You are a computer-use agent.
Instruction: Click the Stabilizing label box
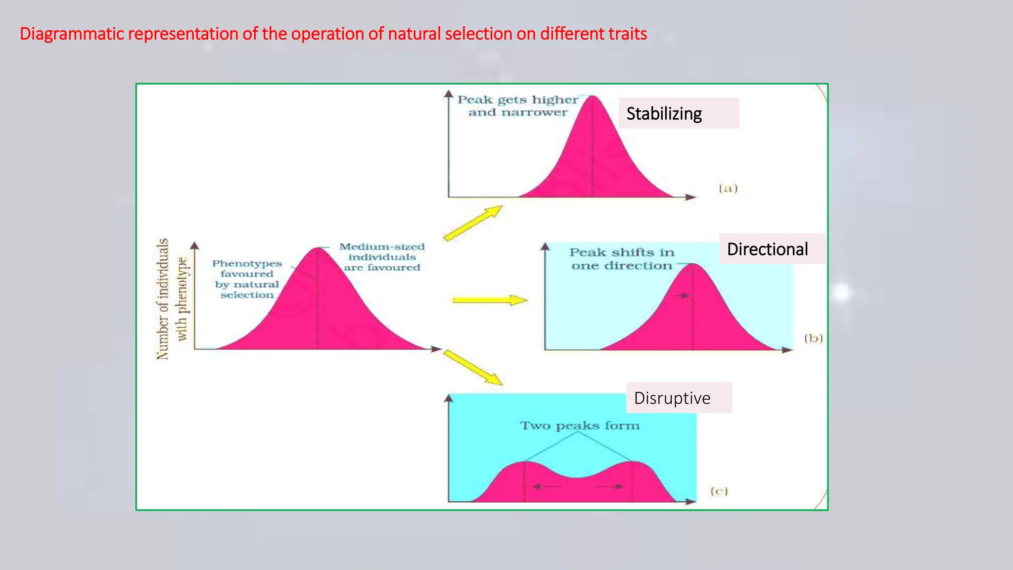tap(678, 113)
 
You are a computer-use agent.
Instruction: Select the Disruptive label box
tap(678, 398)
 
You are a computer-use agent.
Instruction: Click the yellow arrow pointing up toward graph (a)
tap(472, 223)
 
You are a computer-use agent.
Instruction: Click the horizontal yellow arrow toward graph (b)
tap(489, 300)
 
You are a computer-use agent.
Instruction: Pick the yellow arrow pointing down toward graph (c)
tap(472, 367)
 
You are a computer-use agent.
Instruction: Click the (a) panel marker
tap(728, 188)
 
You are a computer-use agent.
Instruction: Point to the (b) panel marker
tap(813, 338)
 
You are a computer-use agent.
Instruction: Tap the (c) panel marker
tap(719, 491)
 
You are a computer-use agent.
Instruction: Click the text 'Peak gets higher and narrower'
tap(517, 106)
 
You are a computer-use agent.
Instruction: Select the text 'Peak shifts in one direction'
tap(622, 259)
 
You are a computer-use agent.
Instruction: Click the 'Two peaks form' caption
tap(579, 426)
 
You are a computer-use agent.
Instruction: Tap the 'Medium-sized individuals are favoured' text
tap(382, 257)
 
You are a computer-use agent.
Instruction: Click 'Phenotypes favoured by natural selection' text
tap(247, 279)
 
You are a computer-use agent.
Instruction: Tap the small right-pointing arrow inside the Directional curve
tap(682, 296)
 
